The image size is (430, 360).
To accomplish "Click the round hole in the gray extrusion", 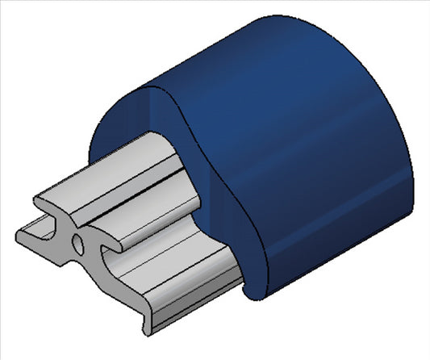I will point(77,241).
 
